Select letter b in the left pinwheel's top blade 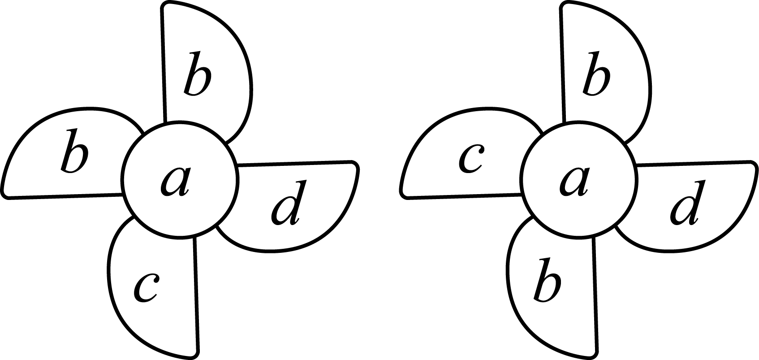click(x=198, y=73)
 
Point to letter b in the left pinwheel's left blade click(x=75, y=151)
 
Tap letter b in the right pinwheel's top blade click(x=596, y=73)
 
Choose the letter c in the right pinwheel click(x=470, y=158)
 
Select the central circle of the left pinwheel click(x=180, y=178)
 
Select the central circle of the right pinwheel click(x=579, y=178)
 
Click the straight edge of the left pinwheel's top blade click(x=164, y=65)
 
